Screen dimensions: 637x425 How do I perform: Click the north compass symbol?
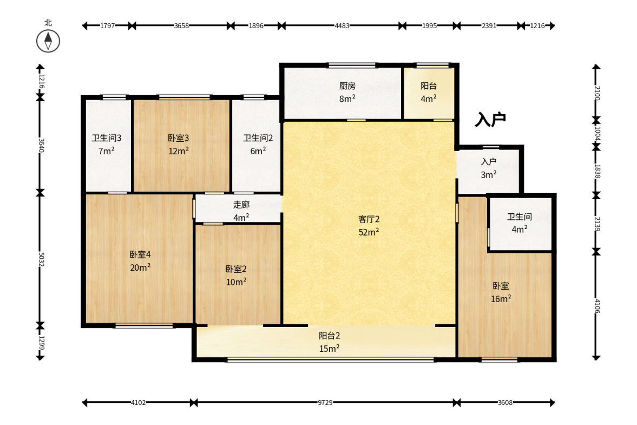48,41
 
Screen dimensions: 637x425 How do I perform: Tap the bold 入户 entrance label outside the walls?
490,120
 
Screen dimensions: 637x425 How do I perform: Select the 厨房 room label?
347,86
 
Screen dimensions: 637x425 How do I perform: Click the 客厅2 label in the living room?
369,219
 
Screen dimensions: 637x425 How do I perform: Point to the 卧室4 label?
140,254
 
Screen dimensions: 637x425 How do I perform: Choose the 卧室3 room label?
179,138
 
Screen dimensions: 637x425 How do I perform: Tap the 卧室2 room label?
236,269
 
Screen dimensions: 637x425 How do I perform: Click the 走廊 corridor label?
241,204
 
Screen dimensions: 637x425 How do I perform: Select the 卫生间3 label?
107,138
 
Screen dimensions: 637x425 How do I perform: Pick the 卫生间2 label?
258,138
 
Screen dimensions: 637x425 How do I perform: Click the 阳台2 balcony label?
329,336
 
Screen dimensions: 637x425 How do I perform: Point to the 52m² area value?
369,232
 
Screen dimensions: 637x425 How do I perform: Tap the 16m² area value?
501,299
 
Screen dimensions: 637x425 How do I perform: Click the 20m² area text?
140,267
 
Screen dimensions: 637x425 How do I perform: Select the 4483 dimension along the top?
342,25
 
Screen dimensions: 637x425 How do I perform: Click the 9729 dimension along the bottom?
325,402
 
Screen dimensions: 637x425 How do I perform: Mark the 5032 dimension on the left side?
41,259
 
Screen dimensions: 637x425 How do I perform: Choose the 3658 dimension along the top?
181,25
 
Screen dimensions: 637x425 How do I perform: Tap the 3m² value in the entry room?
489,175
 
